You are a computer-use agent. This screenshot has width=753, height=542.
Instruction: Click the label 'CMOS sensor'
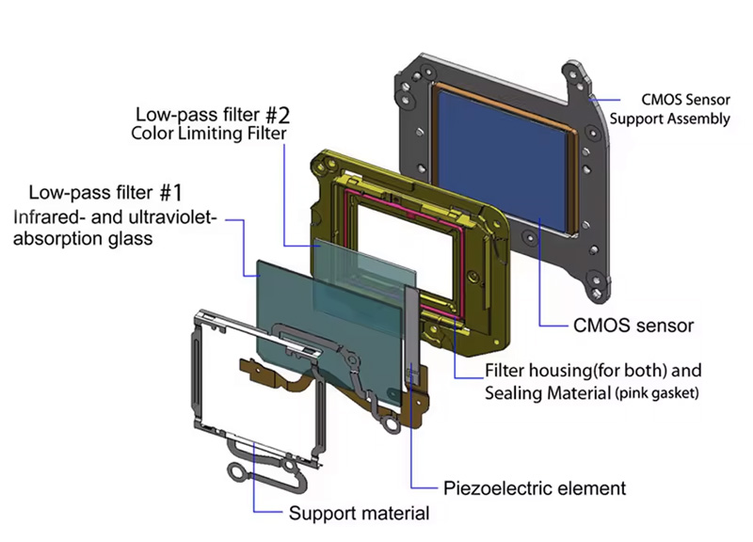tap(633, 326)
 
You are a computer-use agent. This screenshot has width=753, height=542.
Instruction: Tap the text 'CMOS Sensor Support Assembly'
tap(670, 109)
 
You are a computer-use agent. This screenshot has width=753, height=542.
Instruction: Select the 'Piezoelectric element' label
tap(535, 488)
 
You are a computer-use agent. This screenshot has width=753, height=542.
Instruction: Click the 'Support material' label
tap(359, 513)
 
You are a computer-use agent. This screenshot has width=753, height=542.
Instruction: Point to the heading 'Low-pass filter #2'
tap(213, 115)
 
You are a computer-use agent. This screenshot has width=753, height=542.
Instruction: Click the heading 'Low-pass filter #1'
tap(105, 193)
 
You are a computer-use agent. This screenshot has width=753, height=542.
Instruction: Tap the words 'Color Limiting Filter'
tap(209, 134)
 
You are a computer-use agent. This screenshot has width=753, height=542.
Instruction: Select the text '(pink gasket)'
tap(656, 393)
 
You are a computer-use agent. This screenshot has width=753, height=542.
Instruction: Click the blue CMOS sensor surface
tap(504, 158)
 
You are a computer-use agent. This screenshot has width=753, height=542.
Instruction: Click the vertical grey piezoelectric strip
tap(412, 336)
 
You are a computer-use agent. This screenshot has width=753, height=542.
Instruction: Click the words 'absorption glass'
tap(83, 239)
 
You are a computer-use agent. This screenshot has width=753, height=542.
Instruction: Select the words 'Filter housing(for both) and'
tap(593, 371)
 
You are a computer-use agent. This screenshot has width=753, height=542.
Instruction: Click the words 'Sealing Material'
tap(548, 393)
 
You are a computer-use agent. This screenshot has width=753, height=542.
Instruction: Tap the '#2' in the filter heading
tap(278, 115)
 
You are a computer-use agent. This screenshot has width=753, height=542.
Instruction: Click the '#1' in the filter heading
tap(171, 193)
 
